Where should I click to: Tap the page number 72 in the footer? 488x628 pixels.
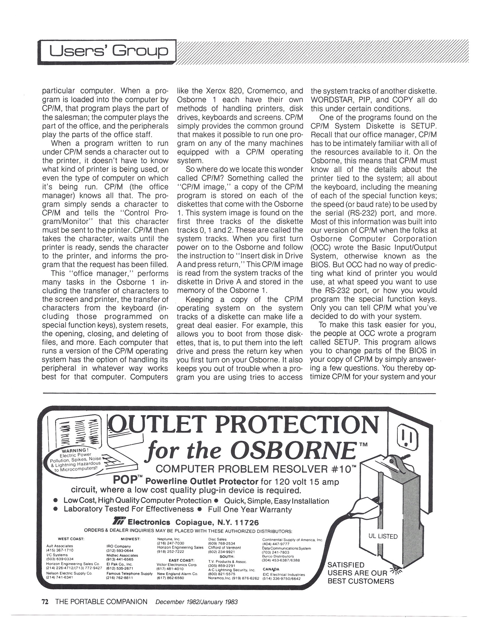tap(45, 601)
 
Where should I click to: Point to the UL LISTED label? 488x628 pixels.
tap(383, 536)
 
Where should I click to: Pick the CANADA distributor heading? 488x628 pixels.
tap(271, 569)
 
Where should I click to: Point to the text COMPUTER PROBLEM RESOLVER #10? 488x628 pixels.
tap(254, 469)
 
